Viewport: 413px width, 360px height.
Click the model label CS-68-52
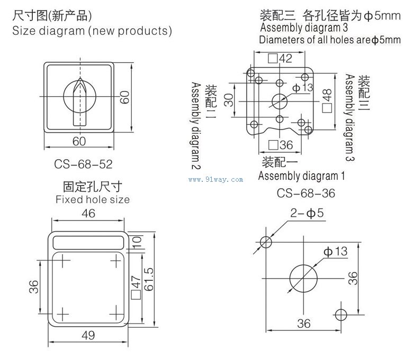point(84,164)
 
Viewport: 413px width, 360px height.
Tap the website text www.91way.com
point(216,179)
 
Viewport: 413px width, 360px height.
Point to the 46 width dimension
point(88,214)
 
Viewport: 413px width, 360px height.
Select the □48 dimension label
point(327,100)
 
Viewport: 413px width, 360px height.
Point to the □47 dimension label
point(134,286)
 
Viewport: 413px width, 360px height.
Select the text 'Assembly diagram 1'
point(302,176)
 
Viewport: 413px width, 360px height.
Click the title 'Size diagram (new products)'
point(92,31)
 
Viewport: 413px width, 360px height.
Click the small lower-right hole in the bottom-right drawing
point(342,314)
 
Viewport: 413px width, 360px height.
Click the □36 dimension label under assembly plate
point(280,145)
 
